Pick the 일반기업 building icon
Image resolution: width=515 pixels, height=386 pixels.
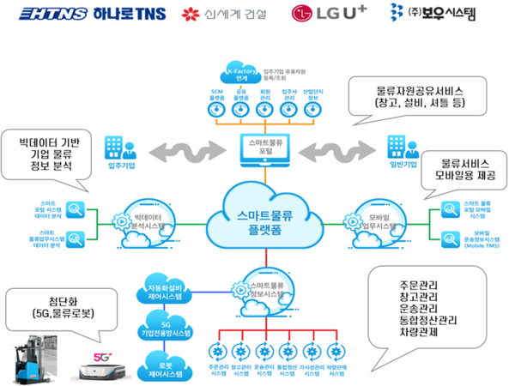[398, 147]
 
